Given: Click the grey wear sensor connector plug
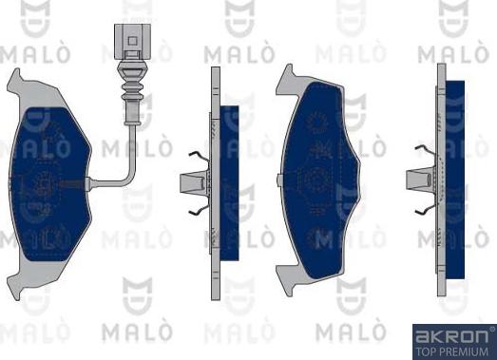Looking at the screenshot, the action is click(x=132, y=42).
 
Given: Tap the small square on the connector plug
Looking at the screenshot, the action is click(x=132, y=41).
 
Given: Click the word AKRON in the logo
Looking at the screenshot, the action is click(x=451, y=336).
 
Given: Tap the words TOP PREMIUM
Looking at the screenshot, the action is click(x=451, y=351).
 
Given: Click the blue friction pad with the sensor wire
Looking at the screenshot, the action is click(x=50, y=185).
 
